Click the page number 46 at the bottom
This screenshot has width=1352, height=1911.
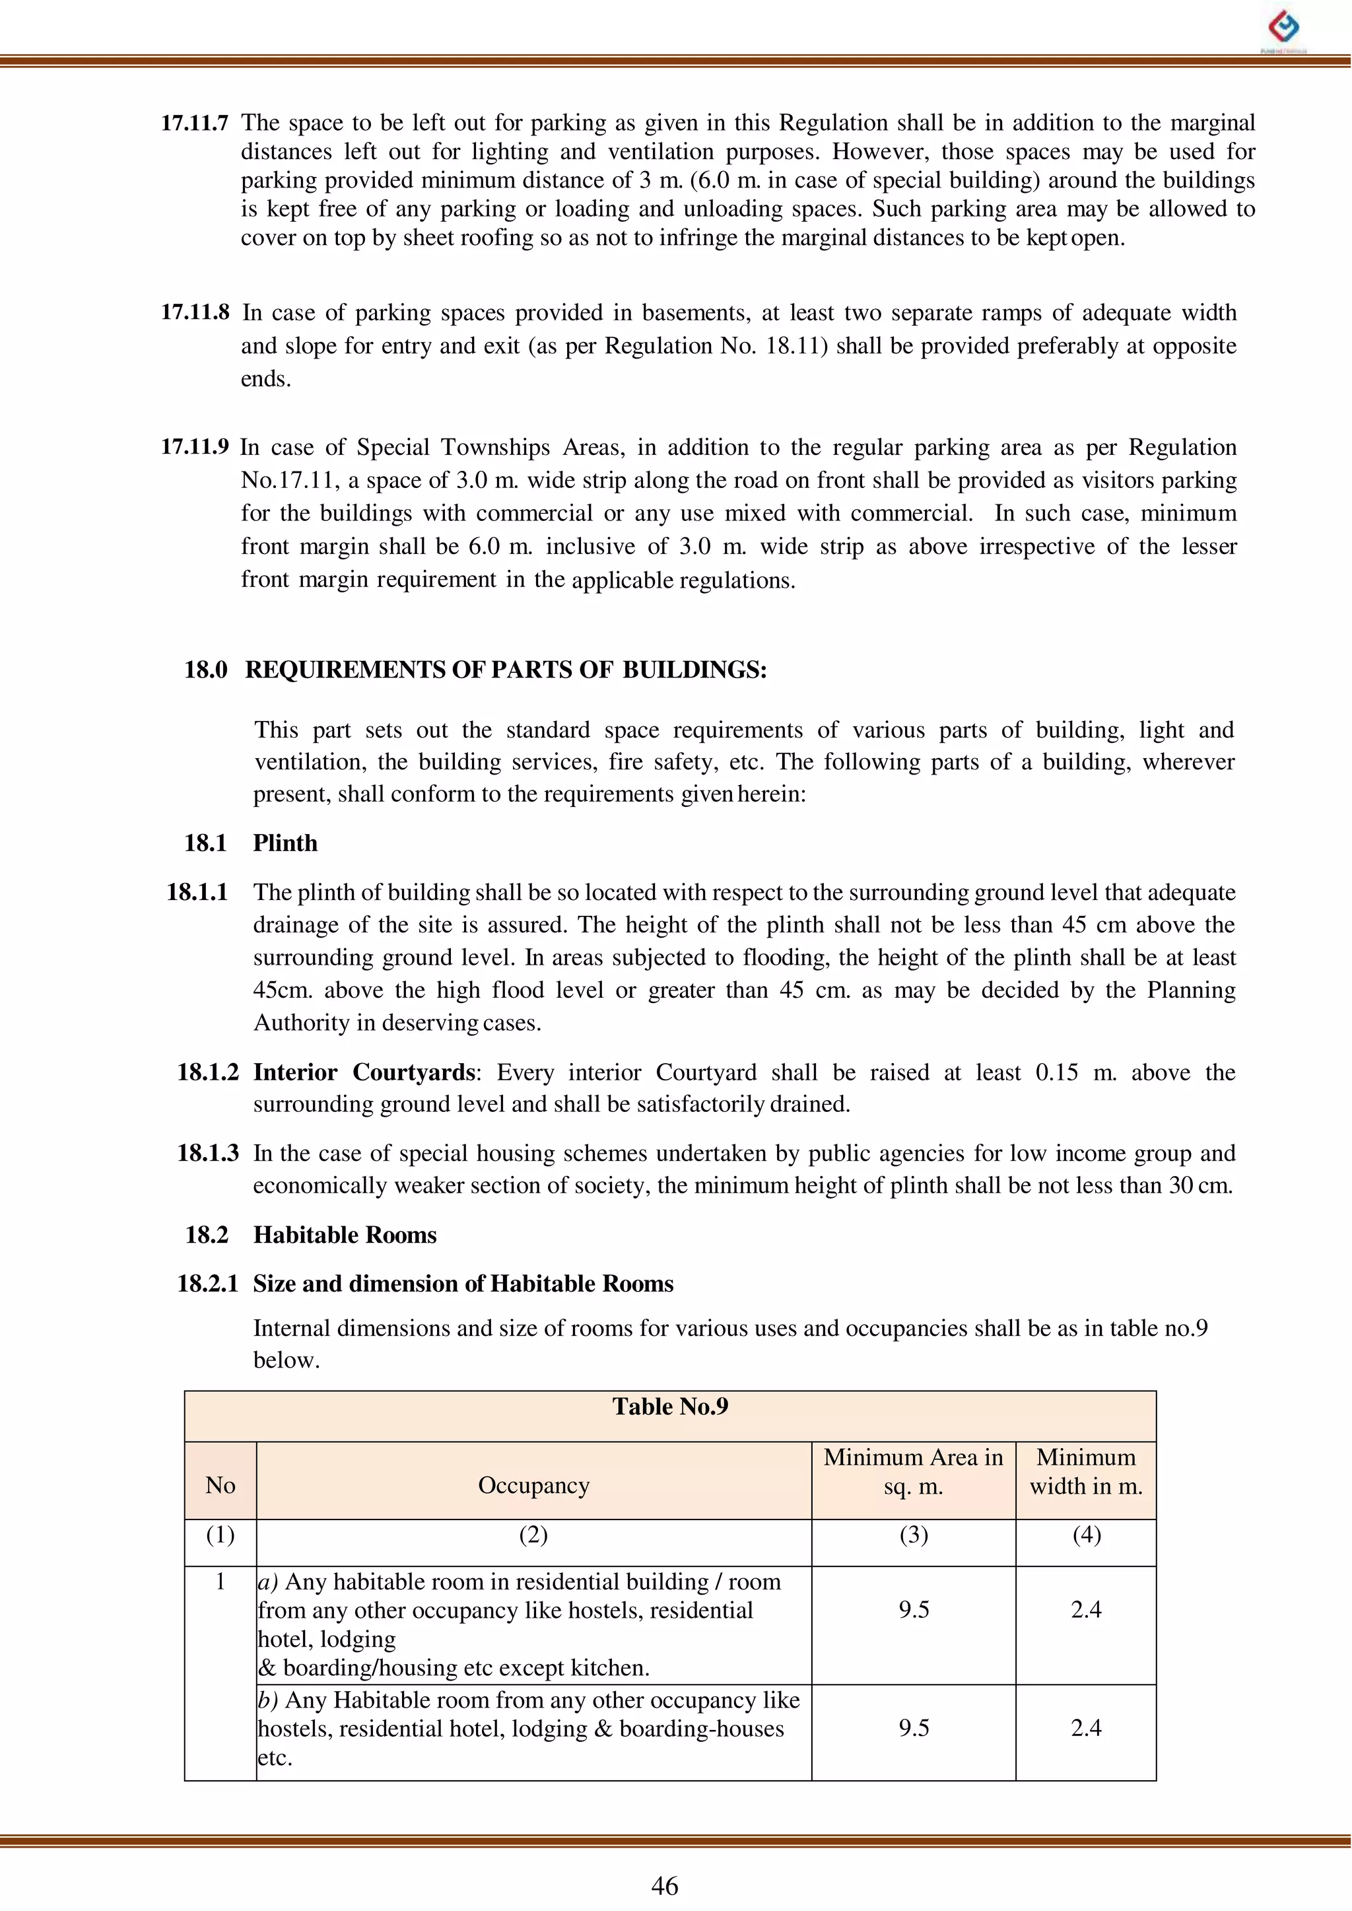click(x=664, y=1885)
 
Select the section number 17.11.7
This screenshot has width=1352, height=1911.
click(x=194, y=123)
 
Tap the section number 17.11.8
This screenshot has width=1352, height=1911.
click(x=195, y=312)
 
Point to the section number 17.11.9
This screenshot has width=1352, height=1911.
click(x=194, y=447)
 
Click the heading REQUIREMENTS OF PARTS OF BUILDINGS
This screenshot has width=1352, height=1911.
click(x=505, y=670)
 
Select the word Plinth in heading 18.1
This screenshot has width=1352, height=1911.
click(x=285, y=843)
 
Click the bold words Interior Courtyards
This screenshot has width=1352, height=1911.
click(x=364, y=1072)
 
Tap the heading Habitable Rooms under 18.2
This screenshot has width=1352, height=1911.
click(x=345, y=1234)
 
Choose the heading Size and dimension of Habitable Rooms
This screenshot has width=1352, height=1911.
click(x=463, y=1283)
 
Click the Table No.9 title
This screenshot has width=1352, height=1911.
click(x=670, y=1407)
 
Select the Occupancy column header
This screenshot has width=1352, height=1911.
click(x=533, y=1486)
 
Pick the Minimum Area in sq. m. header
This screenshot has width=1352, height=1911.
click(x=913, y=1471)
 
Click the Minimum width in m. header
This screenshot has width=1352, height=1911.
click(x=1085, y=1471)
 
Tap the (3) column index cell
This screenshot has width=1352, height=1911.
click(x=913, y=1535)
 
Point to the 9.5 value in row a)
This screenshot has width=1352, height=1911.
click(x=913, y=1610)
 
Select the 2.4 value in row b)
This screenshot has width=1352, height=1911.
click(x=1085, y=1728)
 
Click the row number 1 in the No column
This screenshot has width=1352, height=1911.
click(x=220, y=1581)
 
